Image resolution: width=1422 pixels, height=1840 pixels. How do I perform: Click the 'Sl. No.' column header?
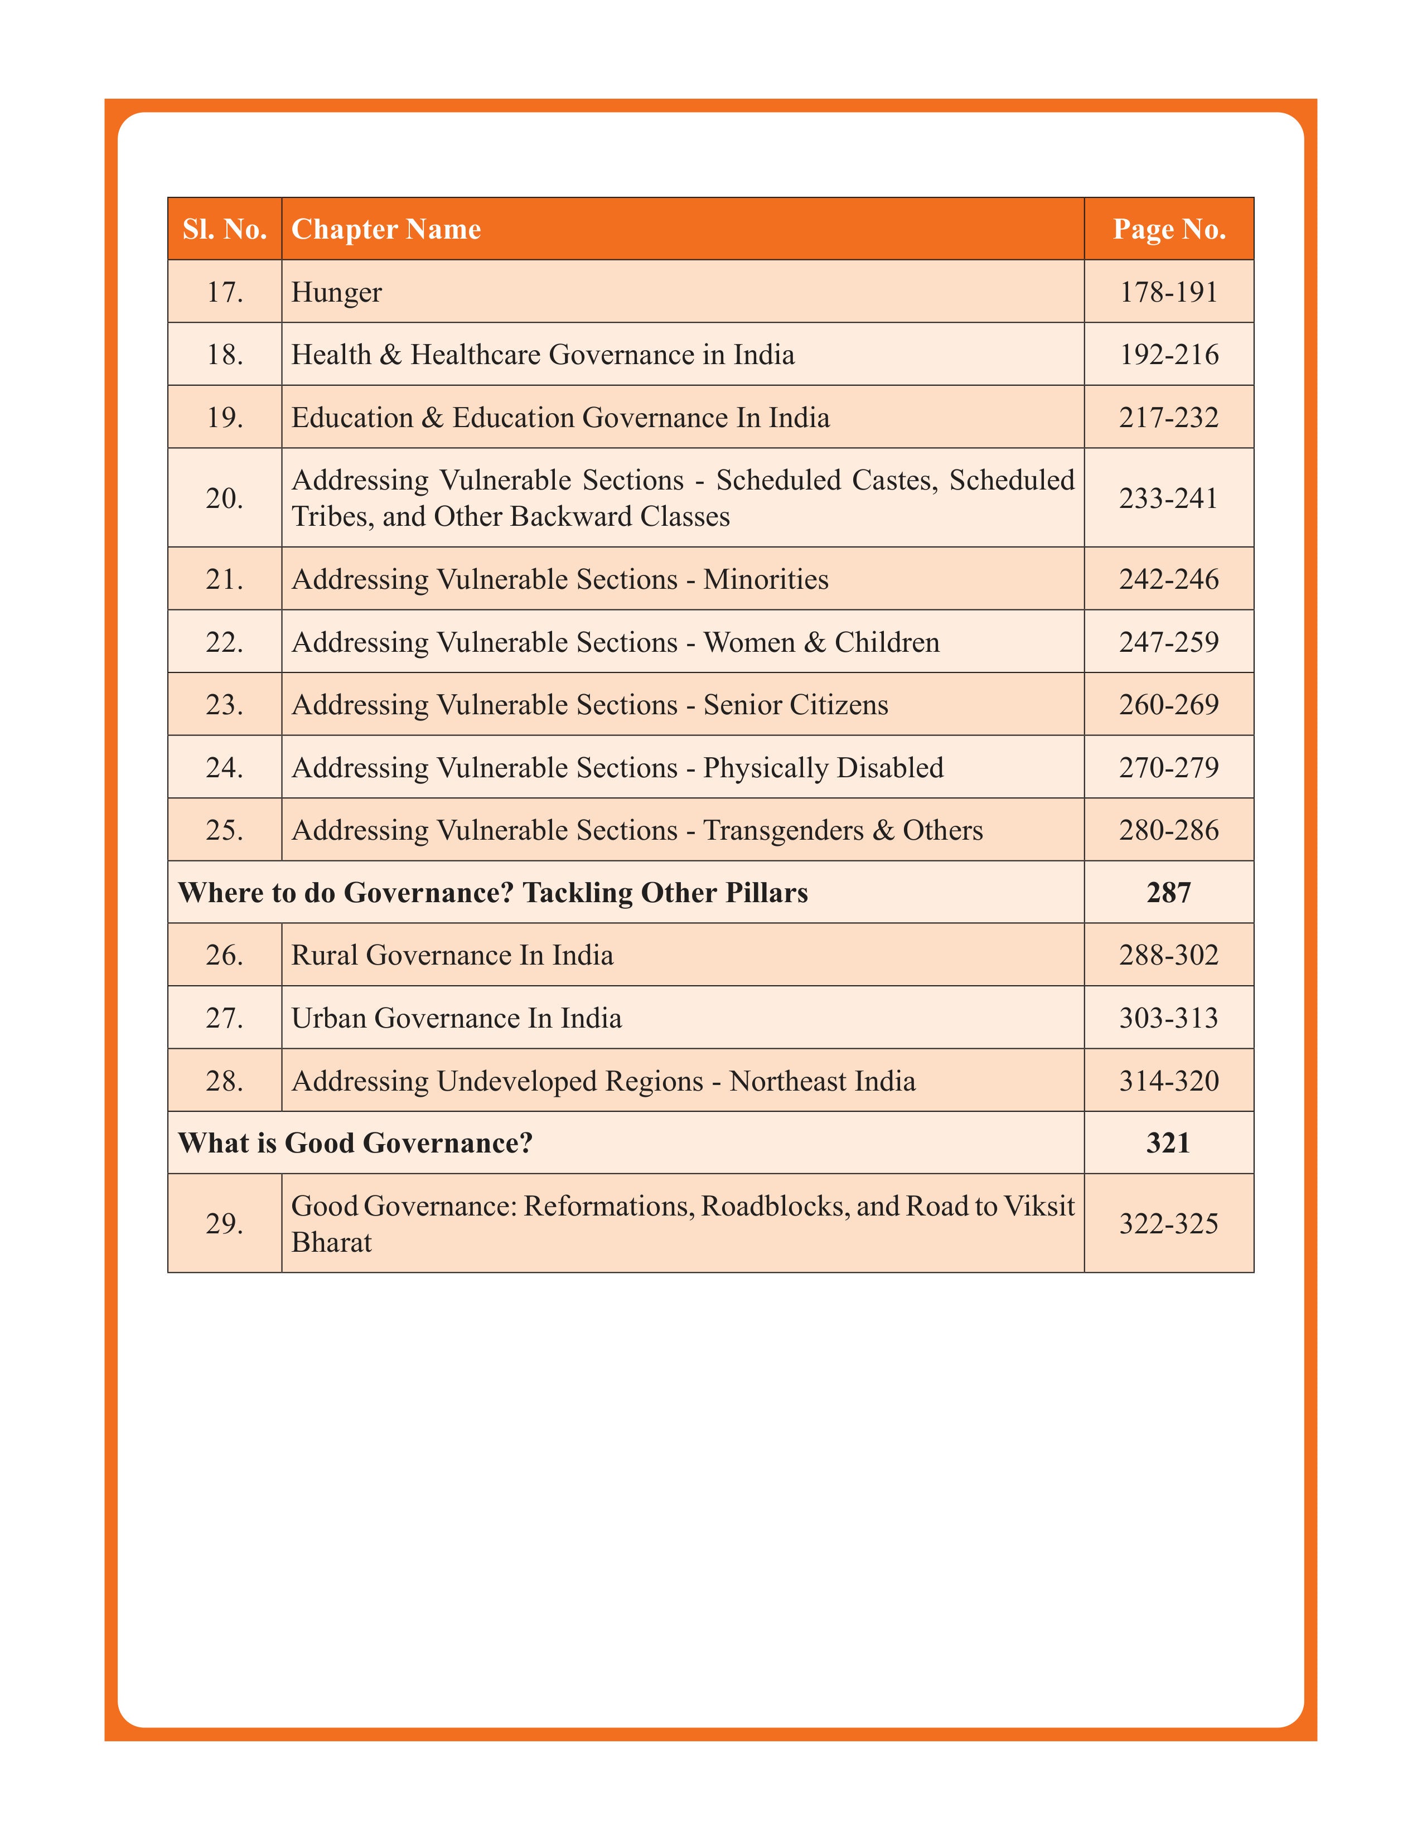(x=224, y=229)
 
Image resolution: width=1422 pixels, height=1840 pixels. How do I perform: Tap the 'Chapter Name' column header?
(x=386, y=229)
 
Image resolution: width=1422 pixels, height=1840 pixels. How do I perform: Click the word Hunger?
(x=336, y=292)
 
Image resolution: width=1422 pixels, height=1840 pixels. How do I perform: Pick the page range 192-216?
(x=1168, y=355)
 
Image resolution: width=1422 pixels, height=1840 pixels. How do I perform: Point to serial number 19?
(x=224, y=418)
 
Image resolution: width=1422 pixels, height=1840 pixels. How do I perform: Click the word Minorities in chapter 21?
(x=766, y=580)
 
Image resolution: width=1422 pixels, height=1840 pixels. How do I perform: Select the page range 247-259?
(x=1168, y=642)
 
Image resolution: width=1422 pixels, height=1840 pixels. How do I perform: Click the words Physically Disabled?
(x=823, y=768)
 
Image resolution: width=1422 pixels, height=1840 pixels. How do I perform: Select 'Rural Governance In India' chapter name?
(x=452, y=955)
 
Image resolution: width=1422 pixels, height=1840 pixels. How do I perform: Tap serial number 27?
(x=224, y=1019)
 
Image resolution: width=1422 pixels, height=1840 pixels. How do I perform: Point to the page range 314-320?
(x=1168, y=1081)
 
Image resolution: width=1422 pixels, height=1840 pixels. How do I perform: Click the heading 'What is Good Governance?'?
(x=356, y=1143)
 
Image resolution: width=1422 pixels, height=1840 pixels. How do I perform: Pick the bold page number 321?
(x=1168, y=1143)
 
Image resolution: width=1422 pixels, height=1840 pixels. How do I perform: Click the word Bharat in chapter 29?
(x=331, y=1243)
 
